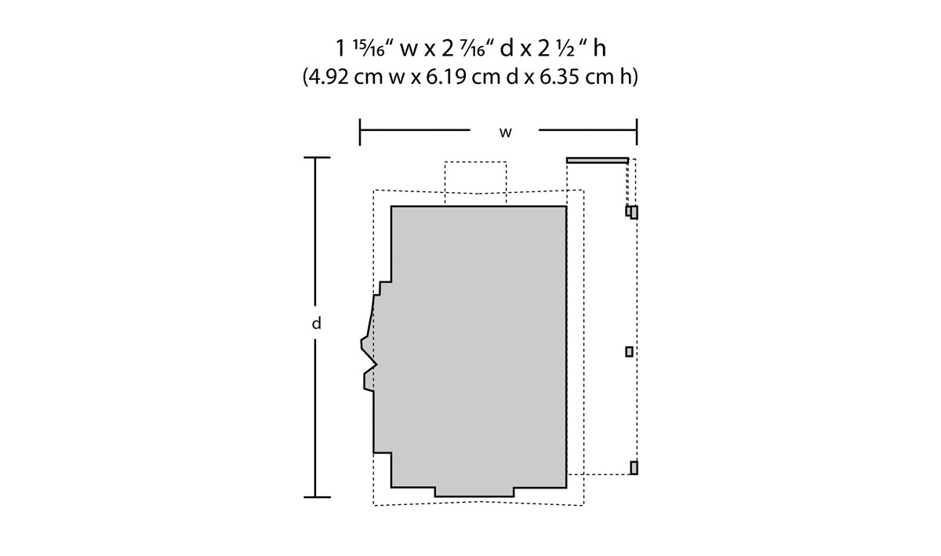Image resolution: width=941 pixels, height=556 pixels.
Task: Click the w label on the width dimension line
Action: (x=506, y=133)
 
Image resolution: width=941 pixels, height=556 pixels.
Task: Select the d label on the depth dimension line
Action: (x=316, y=323)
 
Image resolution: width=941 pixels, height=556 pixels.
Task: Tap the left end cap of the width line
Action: (x=360, y=132)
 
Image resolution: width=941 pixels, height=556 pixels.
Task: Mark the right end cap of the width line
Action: (x=636, y=132)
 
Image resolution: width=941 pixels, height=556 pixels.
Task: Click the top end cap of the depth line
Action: (x=316, y=158)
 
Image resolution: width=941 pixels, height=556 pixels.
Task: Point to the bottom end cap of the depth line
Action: (x=316, y=496)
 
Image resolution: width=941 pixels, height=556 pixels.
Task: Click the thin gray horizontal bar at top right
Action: (x=597, y=160)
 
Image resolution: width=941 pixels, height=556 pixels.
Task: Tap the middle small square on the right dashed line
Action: (x=629, y=351)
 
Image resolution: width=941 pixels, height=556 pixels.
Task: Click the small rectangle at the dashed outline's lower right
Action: (x=634, y=467)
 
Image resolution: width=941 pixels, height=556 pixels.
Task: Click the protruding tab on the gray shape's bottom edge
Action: (x=474, y=492)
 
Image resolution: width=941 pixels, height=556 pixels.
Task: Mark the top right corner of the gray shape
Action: (x=565, y=207)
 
